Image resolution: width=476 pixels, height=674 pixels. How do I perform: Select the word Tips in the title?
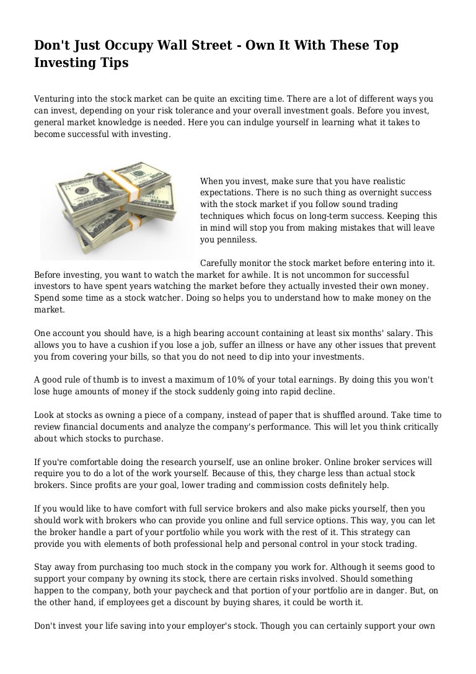(113, 64)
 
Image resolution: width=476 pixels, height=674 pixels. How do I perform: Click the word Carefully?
(221, 264)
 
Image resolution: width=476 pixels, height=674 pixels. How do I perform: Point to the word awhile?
(237, 275)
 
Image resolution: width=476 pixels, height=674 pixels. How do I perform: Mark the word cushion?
(127, 344)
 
